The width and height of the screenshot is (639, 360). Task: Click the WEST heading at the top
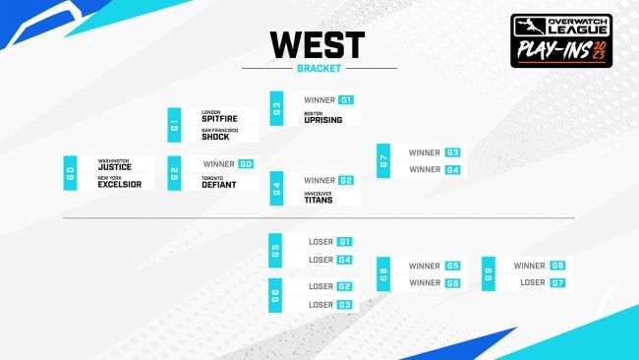pyautogui.click(x=317, y=44)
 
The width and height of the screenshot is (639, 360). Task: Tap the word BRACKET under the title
pyautogui.click(x=317, y=68)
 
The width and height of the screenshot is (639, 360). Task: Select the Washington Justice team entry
pyautogui.click(x=115, y=165)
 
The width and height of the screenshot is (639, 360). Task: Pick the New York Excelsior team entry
pyautogui.click(x=119, y=183)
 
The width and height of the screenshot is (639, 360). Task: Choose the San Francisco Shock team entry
pyautogui.click(x=220, y=136)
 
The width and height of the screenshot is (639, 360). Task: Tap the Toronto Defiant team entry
pyautogui.click(x=220, y=182)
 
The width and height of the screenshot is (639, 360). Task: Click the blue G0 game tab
pyautogui.click(x=70, y=173)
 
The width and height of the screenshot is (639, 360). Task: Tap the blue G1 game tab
pyautogui.click(x=174, y=125)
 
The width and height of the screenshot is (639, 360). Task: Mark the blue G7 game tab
pyautogui.click(x=383, y=161)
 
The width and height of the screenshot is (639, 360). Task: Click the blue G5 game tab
pyautogui.click(x=276, y=250)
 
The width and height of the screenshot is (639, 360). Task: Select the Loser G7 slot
pyautogui.click(x=542, y=282)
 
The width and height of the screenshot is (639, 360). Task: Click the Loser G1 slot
pyautogui.click(x=329, y=242)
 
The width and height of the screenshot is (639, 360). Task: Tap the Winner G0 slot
pyautogui.click(x=228, y=164)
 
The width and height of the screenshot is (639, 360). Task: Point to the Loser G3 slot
pyautogui.click(x=329, y=305)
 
